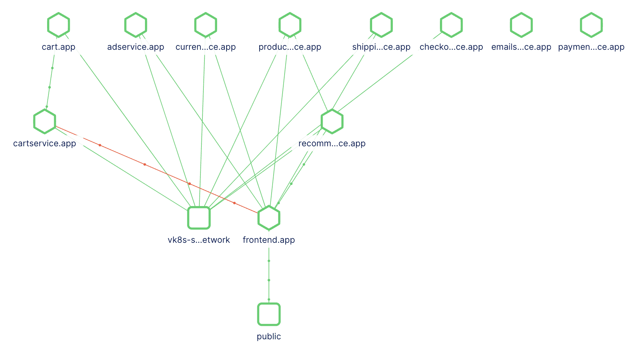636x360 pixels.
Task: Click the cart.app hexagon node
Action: [58, 25]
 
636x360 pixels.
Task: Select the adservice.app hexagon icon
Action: [136, 25]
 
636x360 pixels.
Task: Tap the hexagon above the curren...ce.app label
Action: [206, 25]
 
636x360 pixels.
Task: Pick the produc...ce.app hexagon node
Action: [290, 25]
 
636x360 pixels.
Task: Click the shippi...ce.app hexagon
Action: [381, 25]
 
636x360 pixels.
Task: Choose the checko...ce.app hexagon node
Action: [451, 25]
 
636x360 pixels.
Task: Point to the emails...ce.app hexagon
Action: [521, 25]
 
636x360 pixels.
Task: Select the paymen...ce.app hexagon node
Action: [591, 25]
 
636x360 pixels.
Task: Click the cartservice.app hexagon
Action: [44, 121]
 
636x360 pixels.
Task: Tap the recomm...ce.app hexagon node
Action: [332, 121]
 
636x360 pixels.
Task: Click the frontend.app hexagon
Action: [269, 218]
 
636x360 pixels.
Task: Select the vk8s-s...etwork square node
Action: [199, 218]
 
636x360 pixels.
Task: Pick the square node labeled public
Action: [269, 314]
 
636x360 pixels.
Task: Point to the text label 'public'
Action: [269, 336]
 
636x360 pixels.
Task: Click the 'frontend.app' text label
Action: [269, 240]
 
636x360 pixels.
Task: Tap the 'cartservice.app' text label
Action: [44, 143]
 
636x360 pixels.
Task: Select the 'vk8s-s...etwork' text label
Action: [199, 240]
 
